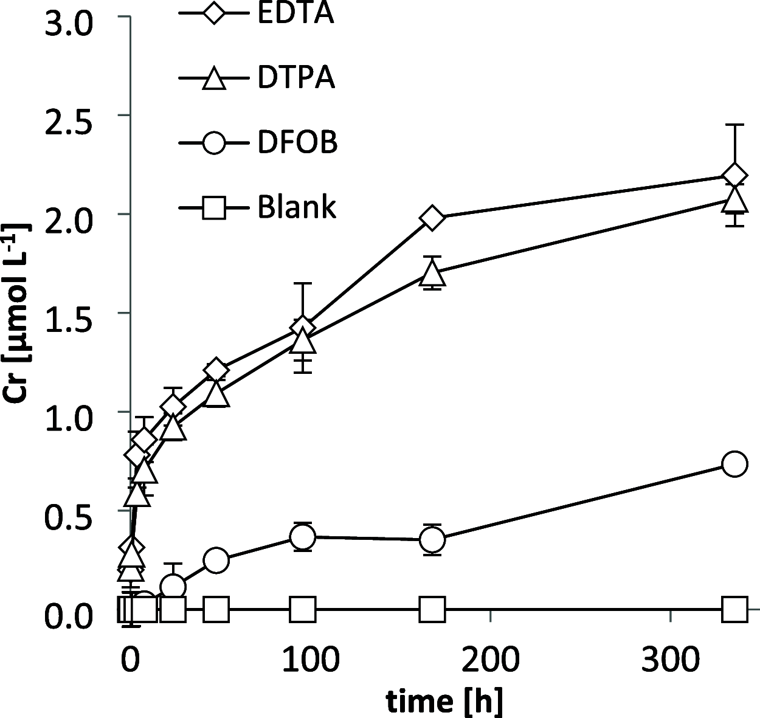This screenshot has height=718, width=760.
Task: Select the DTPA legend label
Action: [x=295, y=78]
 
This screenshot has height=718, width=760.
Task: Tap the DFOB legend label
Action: [x=297, y=143]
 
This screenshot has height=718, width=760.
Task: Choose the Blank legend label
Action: [x=297, y=208]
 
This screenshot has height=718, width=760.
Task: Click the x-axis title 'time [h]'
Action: [x=444, y=701]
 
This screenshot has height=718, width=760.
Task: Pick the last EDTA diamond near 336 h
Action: [x=734, y=176]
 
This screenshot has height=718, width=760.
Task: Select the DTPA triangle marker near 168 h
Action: [x=432, y=274]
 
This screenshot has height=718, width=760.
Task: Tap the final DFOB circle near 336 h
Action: [x=734, y=464]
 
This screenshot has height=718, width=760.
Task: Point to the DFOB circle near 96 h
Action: [x=303, y=537]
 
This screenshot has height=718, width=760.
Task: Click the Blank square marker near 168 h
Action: [x=432, y=609]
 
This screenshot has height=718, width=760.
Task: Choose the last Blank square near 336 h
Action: [x=734, y=609]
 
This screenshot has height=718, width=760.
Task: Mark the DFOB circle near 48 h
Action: [x=216, y=560]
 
